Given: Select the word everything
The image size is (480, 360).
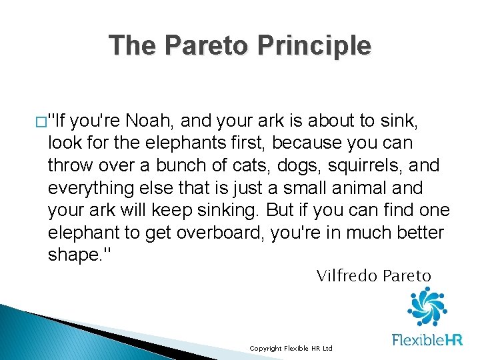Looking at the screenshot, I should [89, 188].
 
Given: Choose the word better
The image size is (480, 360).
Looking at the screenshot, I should [421, 233].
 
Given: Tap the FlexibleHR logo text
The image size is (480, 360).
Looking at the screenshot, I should [427, 340].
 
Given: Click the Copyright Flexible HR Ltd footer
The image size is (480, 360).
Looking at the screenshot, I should [291, 349].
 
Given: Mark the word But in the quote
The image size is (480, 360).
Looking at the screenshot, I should [279, 211].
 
